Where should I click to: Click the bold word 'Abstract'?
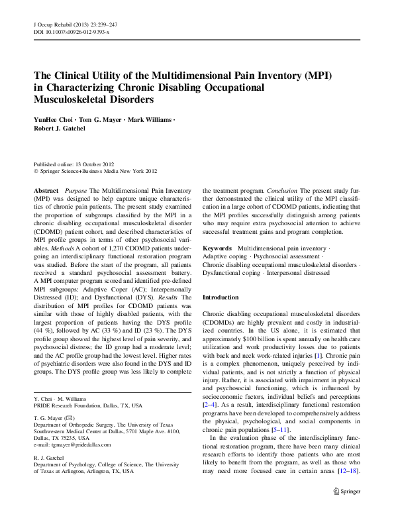click(x=45, y=189)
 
